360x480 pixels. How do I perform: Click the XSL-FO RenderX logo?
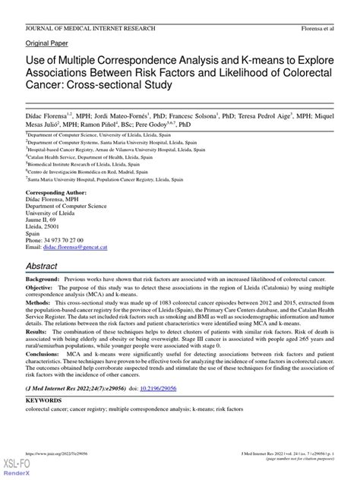point(15,468)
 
